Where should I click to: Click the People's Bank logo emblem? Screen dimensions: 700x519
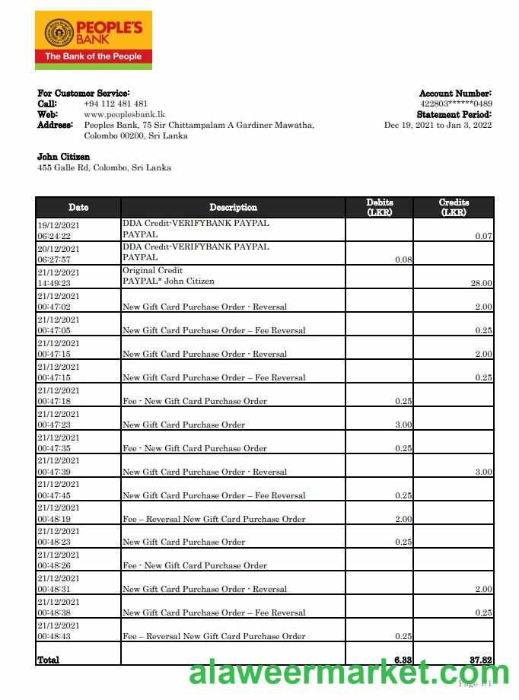59,33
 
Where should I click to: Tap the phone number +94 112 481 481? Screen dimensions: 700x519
116,103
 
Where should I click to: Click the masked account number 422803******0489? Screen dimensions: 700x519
456,103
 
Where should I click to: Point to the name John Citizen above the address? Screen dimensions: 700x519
63,157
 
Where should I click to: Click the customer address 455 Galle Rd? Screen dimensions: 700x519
104,167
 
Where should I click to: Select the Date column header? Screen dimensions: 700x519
78,207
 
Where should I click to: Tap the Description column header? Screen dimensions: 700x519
233,207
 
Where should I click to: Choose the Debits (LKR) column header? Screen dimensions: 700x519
379,207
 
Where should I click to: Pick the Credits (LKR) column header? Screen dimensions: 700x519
454,207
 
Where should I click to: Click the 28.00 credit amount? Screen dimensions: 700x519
481,283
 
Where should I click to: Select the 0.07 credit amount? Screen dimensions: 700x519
483,236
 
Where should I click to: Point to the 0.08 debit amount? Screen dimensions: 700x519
403,259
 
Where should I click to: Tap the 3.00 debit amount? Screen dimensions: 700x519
403,425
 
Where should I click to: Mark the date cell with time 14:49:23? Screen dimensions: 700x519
59,277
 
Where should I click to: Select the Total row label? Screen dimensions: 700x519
49,660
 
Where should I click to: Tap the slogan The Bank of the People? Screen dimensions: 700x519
93,56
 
